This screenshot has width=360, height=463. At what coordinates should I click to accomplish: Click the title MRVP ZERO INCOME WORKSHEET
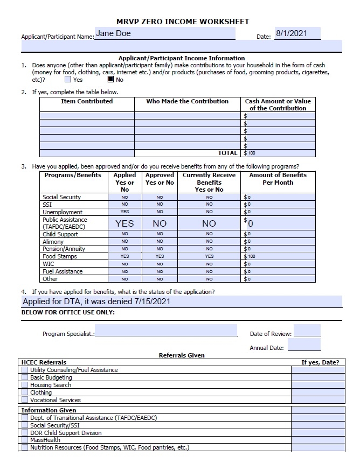183,22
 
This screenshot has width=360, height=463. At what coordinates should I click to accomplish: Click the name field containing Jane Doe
165,33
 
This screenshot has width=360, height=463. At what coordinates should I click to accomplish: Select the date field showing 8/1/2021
297,33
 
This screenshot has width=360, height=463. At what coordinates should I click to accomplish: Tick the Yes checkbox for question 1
68,80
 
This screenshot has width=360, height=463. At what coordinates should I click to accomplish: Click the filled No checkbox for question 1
110,80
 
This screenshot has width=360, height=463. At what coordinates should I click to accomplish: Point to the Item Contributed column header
87,101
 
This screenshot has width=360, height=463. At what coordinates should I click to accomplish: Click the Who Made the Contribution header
187,101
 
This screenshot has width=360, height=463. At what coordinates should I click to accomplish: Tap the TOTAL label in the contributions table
227,153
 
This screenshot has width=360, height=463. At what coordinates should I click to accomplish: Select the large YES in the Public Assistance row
124,223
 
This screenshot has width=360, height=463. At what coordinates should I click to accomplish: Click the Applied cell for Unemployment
124,212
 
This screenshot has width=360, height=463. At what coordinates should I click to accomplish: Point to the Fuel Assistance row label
63,271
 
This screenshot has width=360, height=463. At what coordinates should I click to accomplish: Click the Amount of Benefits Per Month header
278,179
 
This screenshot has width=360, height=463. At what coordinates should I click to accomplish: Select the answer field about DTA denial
181,301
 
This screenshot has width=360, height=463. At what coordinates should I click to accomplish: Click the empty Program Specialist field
166,330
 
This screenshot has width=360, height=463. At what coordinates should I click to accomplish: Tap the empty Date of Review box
307,331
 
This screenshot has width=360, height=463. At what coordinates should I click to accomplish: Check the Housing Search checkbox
25,385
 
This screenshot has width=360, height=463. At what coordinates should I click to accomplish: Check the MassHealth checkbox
25,440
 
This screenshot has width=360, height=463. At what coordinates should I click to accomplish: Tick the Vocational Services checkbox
25,400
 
